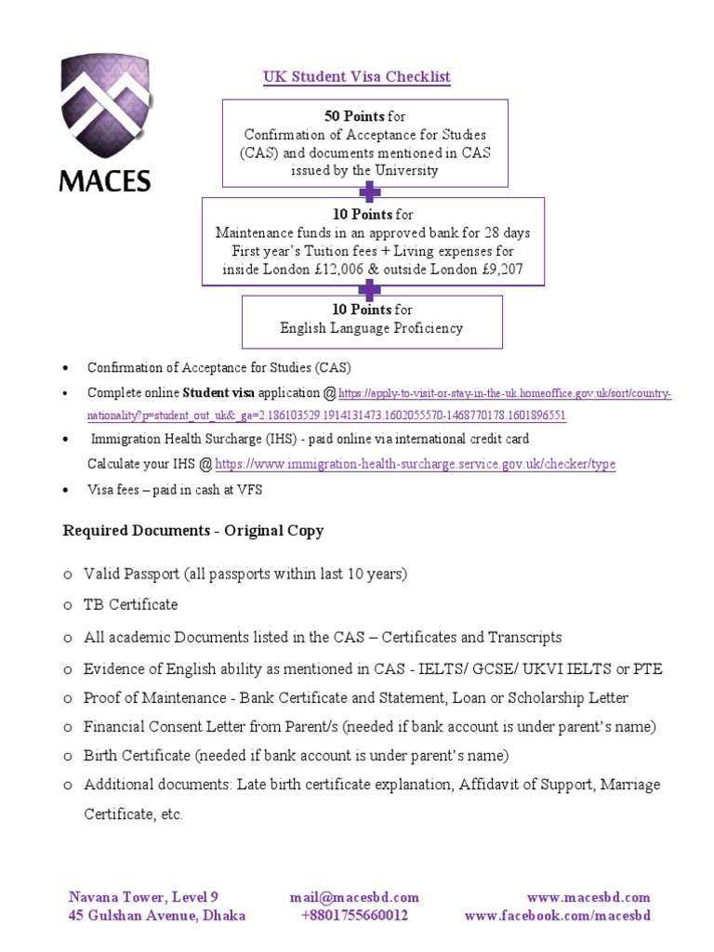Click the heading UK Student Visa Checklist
click(x=357, y=76)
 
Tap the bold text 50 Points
click(x=353, y=116)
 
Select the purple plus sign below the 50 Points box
click(x=370, y=192)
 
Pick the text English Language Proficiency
click(x=371, y=327)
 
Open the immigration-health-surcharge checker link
click(x=415, y=464)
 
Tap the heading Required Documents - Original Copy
click(x=193, y=531)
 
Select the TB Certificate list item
click(x=130, y=604)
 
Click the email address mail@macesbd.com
click(x=354, y=897)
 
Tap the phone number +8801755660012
click(x=354, y=916)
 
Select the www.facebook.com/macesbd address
click(x=558, y=916)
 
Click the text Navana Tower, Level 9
click(x=143, y=897)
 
